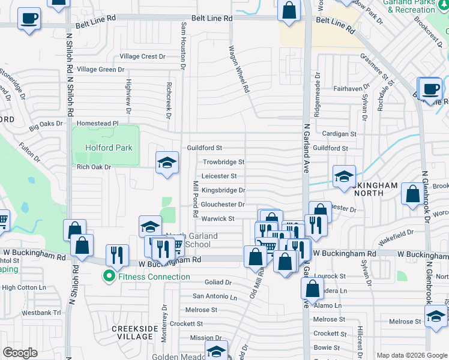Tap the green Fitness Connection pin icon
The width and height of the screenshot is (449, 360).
click(x=109, y=277)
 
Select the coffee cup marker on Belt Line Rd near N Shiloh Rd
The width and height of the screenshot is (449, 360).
click(x=29, y=18)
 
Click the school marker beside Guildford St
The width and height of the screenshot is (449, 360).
click(x=167, y=163)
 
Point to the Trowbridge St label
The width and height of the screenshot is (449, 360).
click(x=223, y=162)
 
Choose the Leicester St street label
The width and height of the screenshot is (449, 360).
click(x=219, y=176)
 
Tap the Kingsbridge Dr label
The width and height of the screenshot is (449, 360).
click(x=223, y=190)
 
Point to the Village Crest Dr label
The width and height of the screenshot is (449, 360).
click(x=142, y=56)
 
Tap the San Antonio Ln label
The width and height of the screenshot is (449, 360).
click(x=214, y=296)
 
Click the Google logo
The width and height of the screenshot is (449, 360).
click(x=20, y=353)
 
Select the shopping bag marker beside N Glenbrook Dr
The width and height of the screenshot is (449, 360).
click(x=412, y=194)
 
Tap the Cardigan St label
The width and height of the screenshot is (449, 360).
click(x=339, y=134)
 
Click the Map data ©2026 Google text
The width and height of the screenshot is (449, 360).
click(x=412, y=355)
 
